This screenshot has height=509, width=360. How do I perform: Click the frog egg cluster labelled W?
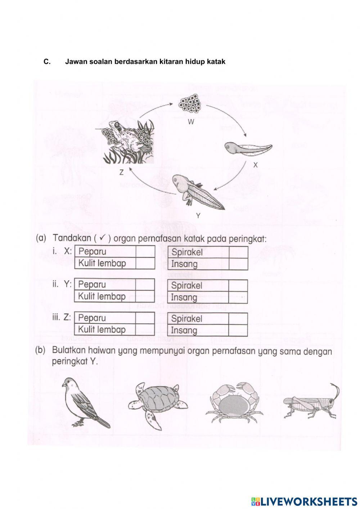(x=190, y=104)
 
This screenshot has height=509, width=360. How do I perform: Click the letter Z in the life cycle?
(x=122, y=173)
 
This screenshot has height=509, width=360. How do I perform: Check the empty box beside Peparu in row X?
(x=145, y=251)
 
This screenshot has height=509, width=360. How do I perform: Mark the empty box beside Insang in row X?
(x=238, y=264)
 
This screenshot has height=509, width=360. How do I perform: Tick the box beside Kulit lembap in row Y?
(x=145, y=296)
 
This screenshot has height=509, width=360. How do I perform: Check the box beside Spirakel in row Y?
(x=238, y=286)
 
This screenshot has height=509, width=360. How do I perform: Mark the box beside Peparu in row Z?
(x=145, y=318)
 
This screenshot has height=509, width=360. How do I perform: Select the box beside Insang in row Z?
(x=238, y=330)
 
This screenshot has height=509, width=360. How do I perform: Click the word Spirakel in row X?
(x=187, y=252)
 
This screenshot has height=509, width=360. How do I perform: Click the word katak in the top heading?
(x=216, y=62)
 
